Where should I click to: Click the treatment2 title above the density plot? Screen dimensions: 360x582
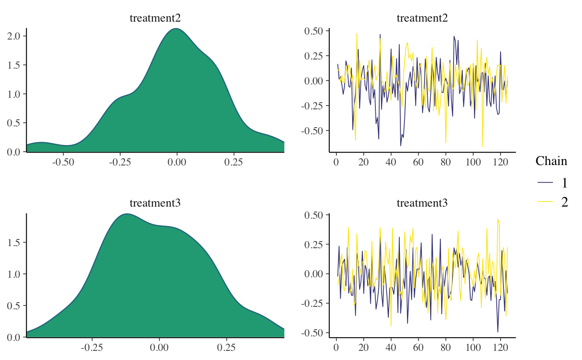155,18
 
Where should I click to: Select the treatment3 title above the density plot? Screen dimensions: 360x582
155,203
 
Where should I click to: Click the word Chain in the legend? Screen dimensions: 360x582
551,161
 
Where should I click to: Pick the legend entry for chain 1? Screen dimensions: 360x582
553,182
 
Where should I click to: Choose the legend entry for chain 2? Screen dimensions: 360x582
553,202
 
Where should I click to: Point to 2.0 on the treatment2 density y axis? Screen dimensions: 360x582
13,36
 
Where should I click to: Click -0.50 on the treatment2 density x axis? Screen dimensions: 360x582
63,161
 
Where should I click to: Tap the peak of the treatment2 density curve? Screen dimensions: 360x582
177,29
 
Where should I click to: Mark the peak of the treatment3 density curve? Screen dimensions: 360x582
127,214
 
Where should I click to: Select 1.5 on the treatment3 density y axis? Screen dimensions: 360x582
13,242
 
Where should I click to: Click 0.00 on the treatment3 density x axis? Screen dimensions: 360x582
160,346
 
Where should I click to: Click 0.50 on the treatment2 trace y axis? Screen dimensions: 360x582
316,31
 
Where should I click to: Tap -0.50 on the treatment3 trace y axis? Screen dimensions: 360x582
314,333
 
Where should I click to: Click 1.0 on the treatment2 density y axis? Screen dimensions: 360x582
13,94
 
